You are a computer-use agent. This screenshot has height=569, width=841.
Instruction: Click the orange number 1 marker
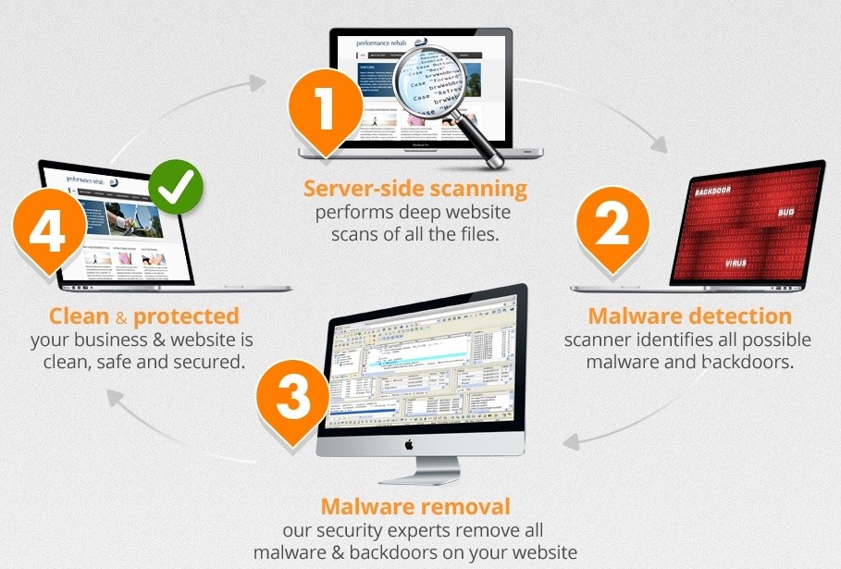point(325,108)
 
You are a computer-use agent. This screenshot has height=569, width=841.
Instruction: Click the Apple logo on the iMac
point(408,444)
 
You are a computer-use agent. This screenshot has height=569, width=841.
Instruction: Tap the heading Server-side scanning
point(415,190)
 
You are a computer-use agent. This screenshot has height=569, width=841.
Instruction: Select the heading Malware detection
point(689,316)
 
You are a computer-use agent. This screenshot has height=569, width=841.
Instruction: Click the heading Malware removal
point(414,506)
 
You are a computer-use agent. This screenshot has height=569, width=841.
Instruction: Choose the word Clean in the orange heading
point(79,316)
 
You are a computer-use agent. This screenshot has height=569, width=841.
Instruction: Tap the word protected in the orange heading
point(185,316)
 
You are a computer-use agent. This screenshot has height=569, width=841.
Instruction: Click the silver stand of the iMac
point(408,470)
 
